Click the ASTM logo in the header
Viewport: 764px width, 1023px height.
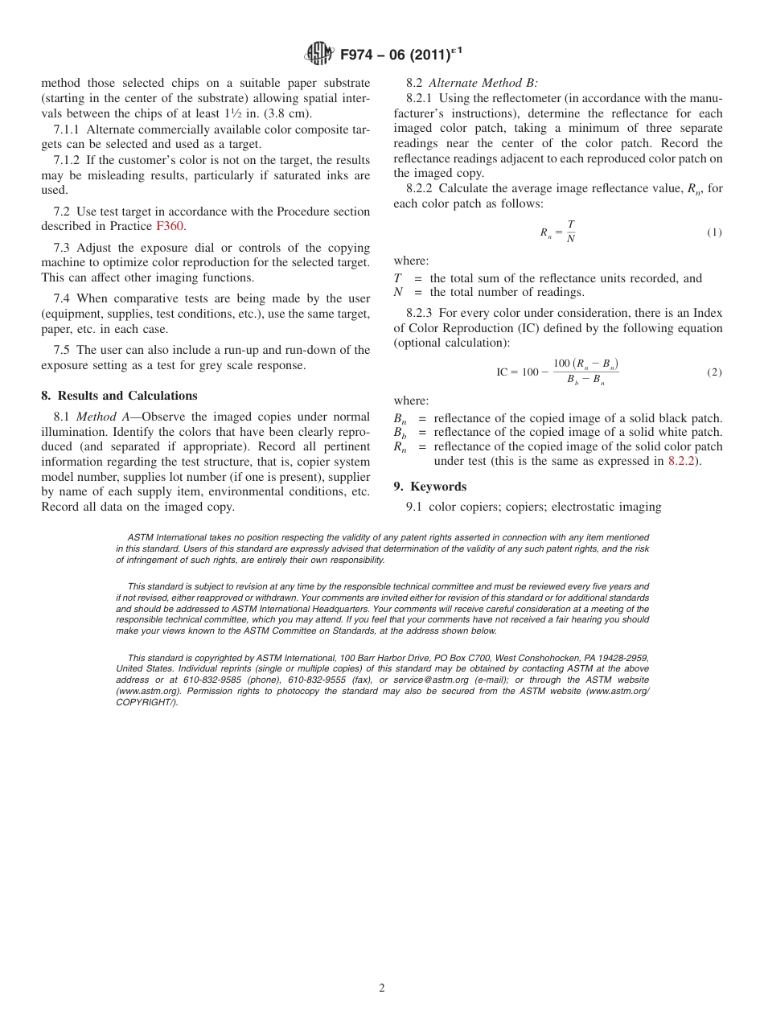[319, 55]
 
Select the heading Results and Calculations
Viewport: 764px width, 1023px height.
[127, 396]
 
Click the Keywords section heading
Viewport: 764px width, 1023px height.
[438, 487]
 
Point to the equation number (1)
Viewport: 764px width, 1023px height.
[713, 232]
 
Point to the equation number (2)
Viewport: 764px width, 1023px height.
[713, 372]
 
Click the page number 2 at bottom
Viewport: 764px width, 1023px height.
[382, 988]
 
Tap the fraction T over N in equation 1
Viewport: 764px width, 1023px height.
[570, 232]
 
